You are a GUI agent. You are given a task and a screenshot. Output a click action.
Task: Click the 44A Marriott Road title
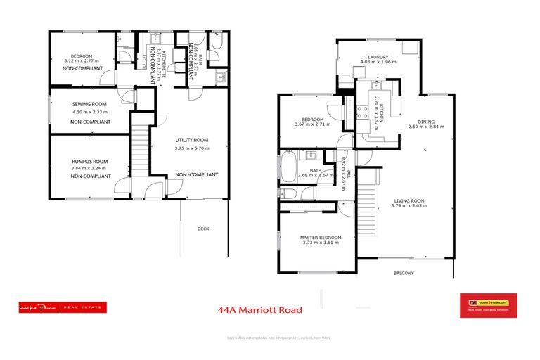[260, 309]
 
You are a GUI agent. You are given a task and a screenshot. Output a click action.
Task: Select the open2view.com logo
[488, 305]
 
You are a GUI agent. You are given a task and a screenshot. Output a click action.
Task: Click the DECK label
[203, 229]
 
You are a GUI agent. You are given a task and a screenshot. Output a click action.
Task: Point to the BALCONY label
[404, 273]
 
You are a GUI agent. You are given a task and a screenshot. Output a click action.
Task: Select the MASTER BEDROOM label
[321, 238]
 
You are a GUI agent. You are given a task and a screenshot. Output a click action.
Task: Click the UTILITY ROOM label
[192, 141]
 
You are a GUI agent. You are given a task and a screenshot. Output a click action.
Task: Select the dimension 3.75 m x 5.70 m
[192, 148]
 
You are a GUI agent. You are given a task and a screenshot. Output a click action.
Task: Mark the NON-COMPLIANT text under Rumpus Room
[91, 176]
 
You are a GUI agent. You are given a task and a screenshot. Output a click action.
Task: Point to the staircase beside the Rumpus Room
[140, 148]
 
